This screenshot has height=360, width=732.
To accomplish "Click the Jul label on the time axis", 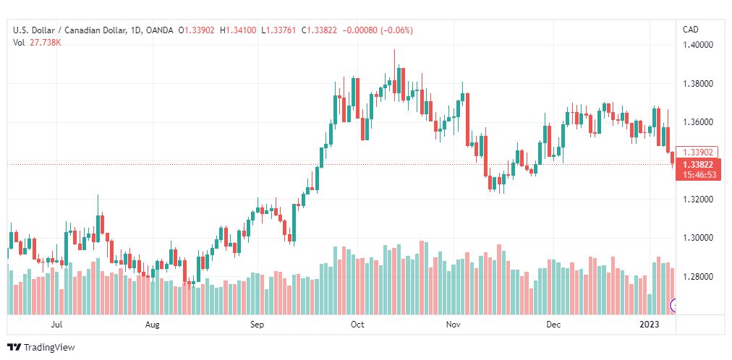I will (56, 325).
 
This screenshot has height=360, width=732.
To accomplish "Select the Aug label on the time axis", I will (152, 325).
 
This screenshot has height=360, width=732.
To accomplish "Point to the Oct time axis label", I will (357, 325).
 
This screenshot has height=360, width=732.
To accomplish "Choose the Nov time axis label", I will (454, 325).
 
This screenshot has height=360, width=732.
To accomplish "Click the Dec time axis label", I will (553, 325).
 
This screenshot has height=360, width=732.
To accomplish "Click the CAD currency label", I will (691, 30).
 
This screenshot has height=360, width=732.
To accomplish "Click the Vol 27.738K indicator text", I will (37, 43).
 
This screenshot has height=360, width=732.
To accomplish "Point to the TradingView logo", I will (42, 347).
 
